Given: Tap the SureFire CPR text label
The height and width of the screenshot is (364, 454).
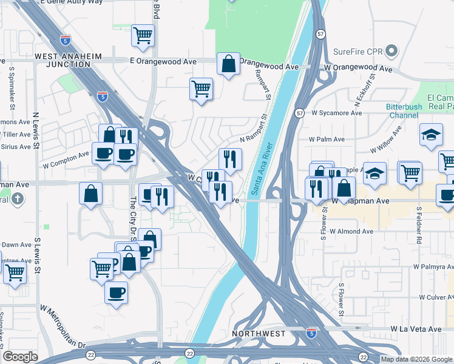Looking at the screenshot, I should point(361,52).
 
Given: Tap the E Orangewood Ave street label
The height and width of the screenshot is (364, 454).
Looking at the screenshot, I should point(163,61).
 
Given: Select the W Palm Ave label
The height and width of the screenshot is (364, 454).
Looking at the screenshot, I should point(327,139).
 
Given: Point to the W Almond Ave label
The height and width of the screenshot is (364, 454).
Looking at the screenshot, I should point(351,231).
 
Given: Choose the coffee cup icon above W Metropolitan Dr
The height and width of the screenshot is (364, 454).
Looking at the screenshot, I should point(116,293).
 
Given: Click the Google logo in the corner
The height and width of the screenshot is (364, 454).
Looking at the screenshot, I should point(20,357).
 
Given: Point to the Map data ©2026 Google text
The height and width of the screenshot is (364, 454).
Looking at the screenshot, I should point(416,359).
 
